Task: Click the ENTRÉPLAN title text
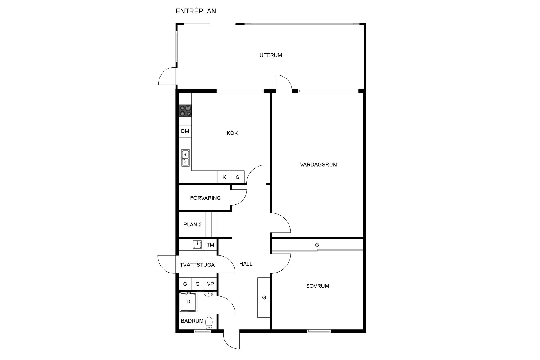point(196,11)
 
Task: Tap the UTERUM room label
point(271,55)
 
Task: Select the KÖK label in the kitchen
point(232,133)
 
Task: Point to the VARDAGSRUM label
point(318,165)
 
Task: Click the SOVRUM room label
point(317,286)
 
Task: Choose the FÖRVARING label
point(205,198)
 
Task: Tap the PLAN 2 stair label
point(192,225)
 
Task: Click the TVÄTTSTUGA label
point(197,265)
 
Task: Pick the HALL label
point(246,264)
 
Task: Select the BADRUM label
point(192,321)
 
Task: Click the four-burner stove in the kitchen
point(185,111)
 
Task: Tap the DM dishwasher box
point(185,131)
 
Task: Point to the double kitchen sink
point(185,158)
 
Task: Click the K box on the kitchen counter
point(224,177)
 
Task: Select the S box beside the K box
point(238,177)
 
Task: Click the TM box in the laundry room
point(210,245)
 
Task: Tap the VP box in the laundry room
point(210,284)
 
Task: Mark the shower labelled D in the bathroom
point(188,302)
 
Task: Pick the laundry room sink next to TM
point(197,244)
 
